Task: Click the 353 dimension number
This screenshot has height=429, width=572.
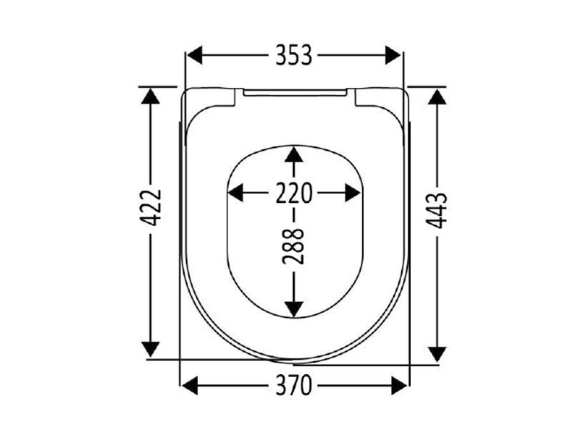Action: point(294,55)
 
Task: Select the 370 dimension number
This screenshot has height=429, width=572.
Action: point(294,385)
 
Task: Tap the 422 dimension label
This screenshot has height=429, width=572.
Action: point(151,207)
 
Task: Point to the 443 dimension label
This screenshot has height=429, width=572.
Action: point(437,210)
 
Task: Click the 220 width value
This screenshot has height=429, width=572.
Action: point(294,193)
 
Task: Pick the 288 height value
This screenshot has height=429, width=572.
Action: point(293,246)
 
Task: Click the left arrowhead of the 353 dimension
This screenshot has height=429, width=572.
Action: point(194,55)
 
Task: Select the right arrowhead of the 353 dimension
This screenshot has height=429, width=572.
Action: point(393,55)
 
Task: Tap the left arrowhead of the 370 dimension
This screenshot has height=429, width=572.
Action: point(189,385)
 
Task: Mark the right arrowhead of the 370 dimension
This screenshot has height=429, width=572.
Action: point(399,385)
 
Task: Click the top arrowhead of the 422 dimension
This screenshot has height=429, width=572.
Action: point(151,96)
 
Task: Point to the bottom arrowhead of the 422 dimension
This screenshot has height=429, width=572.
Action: point(151,350)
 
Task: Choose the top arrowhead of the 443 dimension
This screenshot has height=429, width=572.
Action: point(438,97)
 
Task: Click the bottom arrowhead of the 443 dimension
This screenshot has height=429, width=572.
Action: point(438,354)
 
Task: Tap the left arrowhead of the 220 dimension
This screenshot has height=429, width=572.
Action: point(235,193)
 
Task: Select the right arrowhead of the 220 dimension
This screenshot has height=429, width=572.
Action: point(352,193)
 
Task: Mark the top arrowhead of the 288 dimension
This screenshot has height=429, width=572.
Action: point(294,154)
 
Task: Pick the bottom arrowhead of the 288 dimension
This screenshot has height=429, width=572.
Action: point(294,310)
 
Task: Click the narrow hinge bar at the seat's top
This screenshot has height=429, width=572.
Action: point(295,93)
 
